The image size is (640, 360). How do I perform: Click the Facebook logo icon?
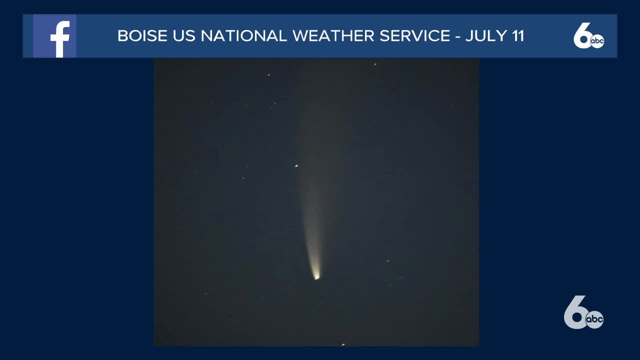pyautogui.click(x=54, y=36)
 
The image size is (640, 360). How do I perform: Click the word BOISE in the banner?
pyautogui.click(x=142, y=36)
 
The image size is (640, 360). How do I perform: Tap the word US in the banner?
pyautogui.click(x=184, y=36)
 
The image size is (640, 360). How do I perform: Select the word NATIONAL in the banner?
pyautogui.click(x=243, y=36)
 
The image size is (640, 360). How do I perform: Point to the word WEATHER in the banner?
pyautogui.click(x=333, y=36)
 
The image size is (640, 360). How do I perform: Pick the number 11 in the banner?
pyautogui.click(x=517, y=36)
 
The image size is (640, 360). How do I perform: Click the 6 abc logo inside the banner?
pyautogui.click(x=588, y=35)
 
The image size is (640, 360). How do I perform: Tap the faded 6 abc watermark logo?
pyautogui.click(x=583, y=312)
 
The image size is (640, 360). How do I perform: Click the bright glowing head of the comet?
pyautogui.click(x=316, y=277)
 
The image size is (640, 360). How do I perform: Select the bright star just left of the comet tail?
pyautogui.click(x=296, y=165)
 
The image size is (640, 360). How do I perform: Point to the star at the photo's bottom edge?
pyautogui.click(x=343, y=344)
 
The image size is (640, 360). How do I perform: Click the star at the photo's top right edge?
pyautogui.click(x=375, y=64)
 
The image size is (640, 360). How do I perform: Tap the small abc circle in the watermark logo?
pyautogui.click(x=594, y=319)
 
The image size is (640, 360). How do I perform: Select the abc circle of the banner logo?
pyautogui.click(x=597, y=41)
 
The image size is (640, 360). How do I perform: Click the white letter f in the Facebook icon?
pyautogui.click(x=60, y=39)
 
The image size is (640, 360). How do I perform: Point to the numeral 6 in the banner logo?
pyautogui.click(x=581, y=35)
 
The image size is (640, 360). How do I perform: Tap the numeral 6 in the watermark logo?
pyautogui.click(x=575, y=312)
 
